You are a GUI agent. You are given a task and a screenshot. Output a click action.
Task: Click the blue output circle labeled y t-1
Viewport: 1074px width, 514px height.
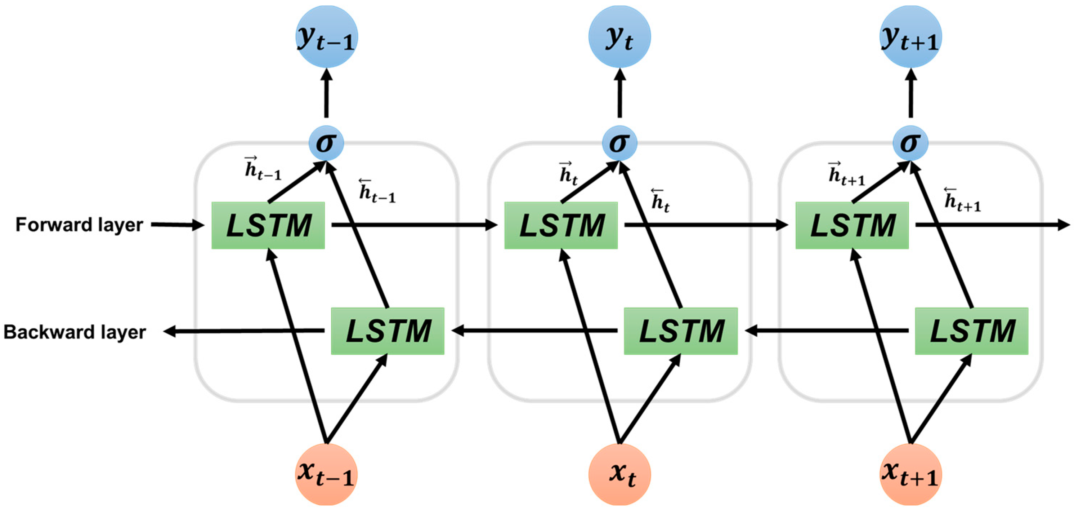(x=326, y=37)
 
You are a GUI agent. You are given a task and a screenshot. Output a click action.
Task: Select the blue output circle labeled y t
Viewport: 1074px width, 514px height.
(x=619, y=37)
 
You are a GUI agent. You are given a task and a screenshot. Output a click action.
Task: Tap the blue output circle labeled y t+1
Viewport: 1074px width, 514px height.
(x=910, y=37)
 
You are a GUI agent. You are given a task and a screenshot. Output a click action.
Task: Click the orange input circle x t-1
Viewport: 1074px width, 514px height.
(x=326, y=474)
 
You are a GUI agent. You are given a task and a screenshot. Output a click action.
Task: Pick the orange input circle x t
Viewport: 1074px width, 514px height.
(x=619, y=474)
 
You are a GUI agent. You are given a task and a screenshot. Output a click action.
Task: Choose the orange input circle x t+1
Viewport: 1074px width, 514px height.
(x=910, y=474)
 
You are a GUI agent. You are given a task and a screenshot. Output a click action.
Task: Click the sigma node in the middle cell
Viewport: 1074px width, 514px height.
(x=619, y=143)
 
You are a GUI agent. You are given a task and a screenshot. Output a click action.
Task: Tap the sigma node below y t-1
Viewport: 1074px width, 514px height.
(x=326, y=143)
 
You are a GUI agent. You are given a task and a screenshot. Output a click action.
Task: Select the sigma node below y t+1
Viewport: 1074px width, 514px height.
(x=910, y=143)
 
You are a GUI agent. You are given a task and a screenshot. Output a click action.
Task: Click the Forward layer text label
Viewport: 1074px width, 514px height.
(x=79, y=225)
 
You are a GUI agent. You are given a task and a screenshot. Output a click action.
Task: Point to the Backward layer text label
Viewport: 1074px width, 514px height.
(x=75, y=332)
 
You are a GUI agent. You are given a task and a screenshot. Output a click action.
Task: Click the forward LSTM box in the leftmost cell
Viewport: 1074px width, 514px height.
(x=268, y=226)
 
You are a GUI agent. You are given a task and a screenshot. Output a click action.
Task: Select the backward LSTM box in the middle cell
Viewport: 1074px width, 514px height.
(x=680, y=331)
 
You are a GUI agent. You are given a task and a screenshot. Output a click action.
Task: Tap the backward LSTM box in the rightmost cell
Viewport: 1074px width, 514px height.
(x=971, y=331)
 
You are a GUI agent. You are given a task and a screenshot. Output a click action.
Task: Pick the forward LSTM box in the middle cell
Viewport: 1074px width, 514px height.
(x=561, y=226)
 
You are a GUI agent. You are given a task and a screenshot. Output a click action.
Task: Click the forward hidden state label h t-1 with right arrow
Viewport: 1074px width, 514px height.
(x=263, y=169)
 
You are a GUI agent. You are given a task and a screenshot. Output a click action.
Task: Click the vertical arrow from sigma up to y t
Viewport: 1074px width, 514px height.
(x=619, y=94)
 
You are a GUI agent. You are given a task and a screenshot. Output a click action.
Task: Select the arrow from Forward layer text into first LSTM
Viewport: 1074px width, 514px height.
(x=177, y=225)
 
